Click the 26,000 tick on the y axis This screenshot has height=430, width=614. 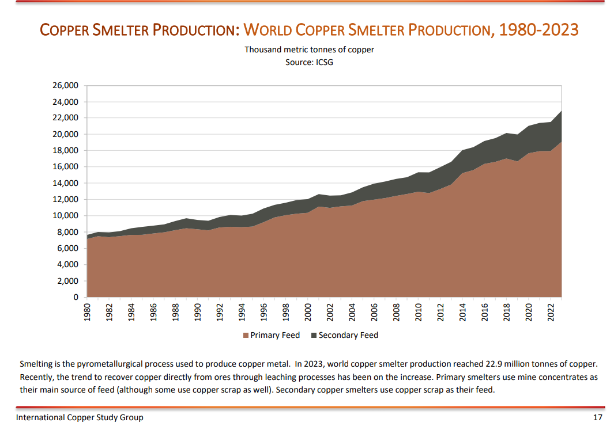tap(65, 86)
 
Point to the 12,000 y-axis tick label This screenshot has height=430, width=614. tap(65, 199)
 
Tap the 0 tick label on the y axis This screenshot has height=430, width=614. tap(75, 297)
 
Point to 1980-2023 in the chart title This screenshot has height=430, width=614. tap(538, 29)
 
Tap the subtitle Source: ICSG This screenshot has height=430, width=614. tap(309, 62)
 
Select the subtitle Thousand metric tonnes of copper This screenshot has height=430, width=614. tap(309, 50)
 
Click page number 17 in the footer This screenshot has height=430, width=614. tap(597, 417)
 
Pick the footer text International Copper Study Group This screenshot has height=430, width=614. tap(80, 417)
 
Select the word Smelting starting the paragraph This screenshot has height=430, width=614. tap(36, 364)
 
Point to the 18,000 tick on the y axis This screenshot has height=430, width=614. tap(65, 151)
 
